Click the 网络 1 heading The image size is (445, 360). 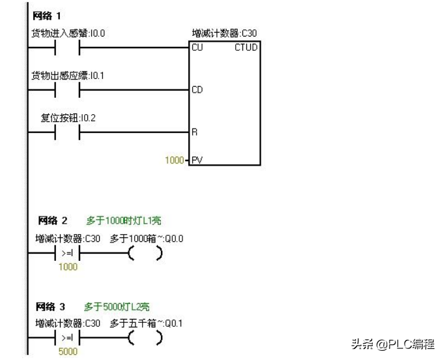[x=47, y=15]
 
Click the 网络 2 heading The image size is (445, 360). [x=53, y=221]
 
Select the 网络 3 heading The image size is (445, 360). [x=51, y=306]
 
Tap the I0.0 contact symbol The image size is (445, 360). [x=67, y=48]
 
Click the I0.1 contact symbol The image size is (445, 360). [x=67, y=89]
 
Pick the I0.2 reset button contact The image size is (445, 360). [x=67, y=132]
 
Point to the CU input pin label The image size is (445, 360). [x=197, y=48]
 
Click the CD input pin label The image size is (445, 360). [x=197, y=90]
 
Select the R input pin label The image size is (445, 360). [x=194, y=132]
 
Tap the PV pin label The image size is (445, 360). [x=196, y=159]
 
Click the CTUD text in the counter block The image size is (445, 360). [x=246, y=48]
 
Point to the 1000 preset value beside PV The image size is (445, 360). [x=174, y=159]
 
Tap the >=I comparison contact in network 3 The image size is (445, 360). [x=67, y=338]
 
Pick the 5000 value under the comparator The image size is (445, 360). [x=68, y=352]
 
